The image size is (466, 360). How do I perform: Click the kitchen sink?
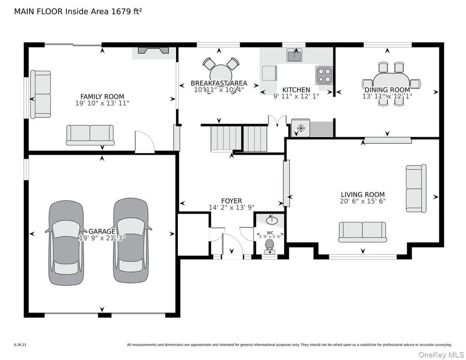click(x=294, y=55)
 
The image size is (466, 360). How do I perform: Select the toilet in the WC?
click(x=269, y=245)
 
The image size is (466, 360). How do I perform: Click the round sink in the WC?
click(x=271, y=220)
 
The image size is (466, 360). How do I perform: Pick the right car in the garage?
click(x=130, y=241)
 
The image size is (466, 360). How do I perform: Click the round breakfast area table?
click(x=220, y=74)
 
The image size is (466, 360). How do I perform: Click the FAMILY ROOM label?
click(x=102, y=96)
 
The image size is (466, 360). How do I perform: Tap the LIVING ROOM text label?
click(x=362, y=194)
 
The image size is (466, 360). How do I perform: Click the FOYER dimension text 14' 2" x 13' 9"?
click(x=232, y=207)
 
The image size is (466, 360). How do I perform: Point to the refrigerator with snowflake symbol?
click(x=299, y=128)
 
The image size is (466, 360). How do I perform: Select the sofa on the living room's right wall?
click(x=415, y=188)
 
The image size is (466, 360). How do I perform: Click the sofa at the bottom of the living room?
click(x=362, y=231)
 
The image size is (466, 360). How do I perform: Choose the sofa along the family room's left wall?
click(x=40, y=94)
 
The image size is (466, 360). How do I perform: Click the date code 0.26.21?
click(x=20, y=345)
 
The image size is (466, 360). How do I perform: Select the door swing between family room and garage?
click(x=144, y=142)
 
